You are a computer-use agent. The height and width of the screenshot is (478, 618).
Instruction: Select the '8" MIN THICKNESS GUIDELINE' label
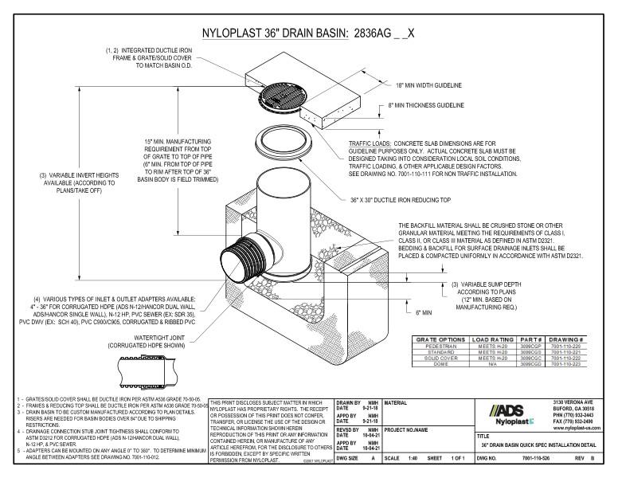tap(427, 104)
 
